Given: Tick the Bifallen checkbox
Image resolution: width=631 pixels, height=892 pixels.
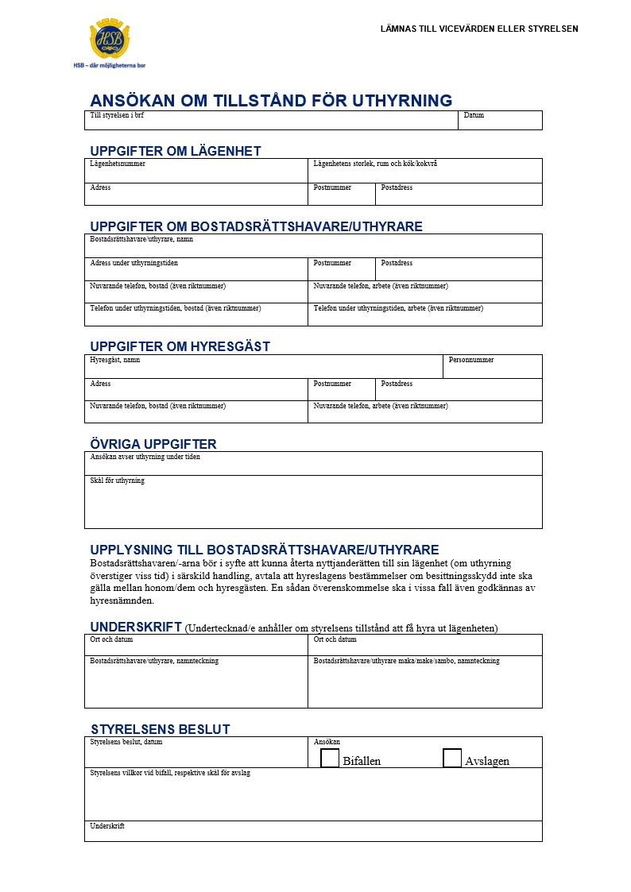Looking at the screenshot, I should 330,758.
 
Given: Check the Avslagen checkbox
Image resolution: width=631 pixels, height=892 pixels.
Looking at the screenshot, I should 452,758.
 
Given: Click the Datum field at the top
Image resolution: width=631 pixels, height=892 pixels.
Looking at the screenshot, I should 500,121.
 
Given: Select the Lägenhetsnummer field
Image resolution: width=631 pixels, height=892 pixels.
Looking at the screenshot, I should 195,172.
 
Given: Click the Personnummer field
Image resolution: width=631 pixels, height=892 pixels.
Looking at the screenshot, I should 492,368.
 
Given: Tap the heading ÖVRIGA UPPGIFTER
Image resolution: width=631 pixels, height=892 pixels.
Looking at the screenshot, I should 153,444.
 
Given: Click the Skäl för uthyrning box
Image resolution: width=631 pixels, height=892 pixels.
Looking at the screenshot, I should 313,503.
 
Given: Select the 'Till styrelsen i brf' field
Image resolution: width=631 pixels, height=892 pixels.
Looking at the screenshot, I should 271,122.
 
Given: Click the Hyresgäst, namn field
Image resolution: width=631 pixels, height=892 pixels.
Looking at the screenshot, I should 263,368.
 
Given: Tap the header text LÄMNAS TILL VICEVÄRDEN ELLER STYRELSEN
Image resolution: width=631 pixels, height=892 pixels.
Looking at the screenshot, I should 479,29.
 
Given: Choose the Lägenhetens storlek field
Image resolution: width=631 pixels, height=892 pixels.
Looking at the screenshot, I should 424,172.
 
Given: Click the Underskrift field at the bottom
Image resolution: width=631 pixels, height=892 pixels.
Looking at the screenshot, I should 313,832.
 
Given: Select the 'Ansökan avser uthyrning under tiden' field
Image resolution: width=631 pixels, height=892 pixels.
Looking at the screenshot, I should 313,465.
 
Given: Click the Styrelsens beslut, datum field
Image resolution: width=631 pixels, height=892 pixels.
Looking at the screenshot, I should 195,753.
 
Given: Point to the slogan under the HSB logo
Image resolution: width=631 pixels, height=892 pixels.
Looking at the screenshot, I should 109,65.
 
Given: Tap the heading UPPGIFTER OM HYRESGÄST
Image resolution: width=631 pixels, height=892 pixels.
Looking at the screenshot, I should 180,346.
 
